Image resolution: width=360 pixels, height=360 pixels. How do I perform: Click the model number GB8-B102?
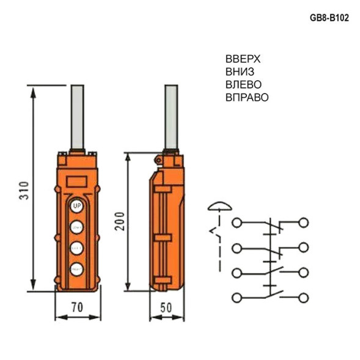click(x=329, y=18)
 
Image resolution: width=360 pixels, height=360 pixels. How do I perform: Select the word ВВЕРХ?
click(x=243, y=59)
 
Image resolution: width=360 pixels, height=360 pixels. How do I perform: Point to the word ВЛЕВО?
click(x=244, y=84)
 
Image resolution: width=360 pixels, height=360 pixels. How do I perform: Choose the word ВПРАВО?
click(x=247, y=97)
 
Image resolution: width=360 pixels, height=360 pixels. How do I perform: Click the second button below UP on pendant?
click(x=76, y=248)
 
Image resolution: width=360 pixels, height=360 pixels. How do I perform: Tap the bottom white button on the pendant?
click(x=76, y=268)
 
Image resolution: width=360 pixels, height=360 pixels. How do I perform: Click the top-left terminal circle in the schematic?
click(x=237, y=222)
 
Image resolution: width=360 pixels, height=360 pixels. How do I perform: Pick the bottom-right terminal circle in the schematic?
click(x=304, y=297)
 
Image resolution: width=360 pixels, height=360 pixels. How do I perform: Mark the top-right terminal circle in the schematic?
click(x=304, y=222)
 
